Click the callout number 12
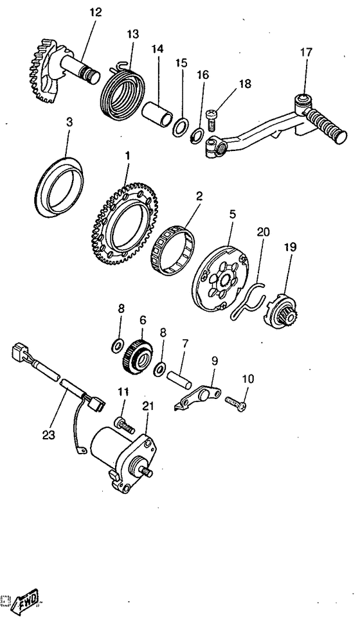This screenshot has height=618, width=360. (x=95, y=12)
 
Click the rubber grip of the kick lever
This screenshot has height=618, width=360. (x=327, y=125)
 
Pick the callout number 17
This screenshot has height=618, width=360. (x=306, y=53)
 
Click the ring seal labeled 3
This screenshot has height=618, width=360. (x=59, y=187)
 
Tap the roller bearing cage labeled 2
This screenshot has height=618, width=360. (x=173, y=251)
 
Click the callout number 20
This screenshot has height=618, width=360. (x=263, y=232)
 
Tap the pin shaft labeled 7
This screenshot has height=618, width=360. (x=179, y=378)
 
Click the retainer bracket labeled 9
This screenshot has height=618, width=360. (x=197, y=398)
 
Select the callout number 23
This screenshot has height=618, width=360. (x=49, y=435)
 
